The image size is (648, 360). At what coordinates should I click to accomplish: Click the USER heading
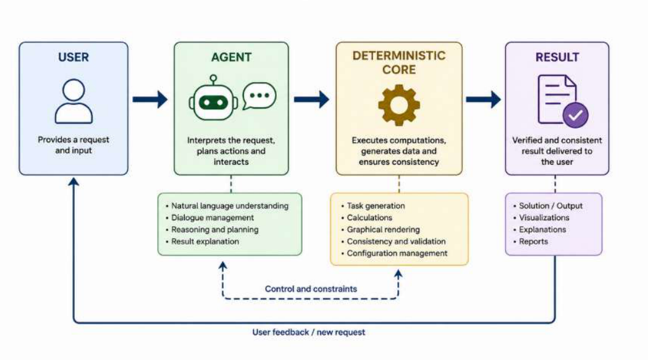[73, 57]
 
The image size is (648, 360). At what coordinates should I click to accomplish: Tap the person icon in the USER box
[74, 101]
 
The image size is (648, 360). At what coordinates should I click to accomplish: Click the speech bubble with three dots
[259, 96]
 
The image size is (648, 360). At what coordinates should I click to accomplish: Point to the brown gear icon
[399, 105]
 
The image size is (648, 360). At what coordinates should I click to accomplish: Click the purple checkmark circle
[575, 115]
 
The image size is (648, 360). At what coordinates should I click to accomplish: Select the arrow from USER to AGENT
[150, 99]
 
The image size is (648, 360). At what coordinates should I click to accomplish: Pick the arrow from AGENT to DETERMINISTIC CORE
[311, 99]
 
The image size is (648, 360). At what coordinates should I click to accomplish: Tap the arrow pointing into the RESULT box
[484, 99]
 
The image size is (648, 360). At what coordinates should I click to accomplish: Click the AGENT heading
[232, 57]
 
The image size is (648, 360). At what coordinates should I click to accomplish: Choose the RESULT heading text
[557, 57]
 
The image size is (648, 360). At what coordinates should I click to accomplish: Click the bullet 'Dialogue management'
[210, 218]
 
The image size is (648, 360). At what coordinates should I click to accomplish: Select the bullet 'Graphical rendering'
[381, 229]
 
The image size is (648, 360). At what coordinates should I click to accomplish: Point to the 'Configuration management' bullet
[394, 253]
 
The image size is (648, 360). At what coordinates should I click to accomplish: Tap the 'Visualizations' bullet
[541, 218]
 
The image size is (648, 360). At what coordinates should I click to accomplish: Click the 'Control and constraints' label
[311, 289]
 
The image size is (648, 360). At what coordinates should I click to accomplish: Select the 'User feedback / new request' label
[309, 332]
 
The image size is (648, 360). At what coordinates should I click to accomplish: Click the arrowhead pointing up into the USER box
[74, 182]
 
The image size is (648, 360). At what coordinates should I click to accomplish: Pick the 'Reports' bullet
[531, 241]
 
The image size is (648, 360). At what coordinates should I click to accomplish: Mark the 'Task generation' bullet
[373, 206]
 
